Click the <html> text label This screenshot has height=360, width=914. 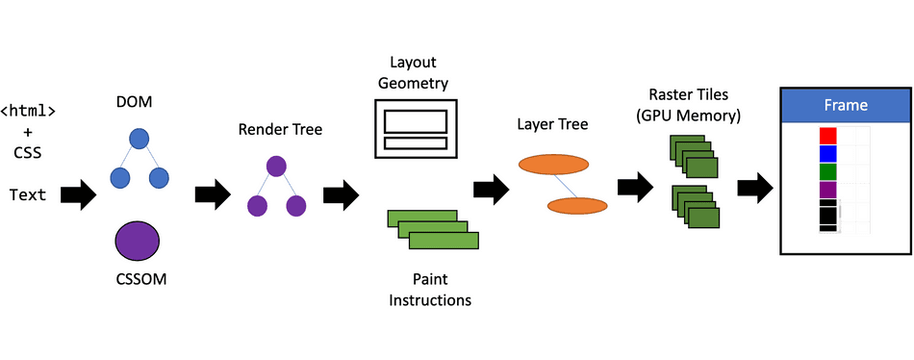(28, 111)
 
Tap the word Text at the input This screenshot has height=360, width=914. (28, 195)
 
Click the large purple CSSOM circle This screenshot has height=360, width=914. (138, 242)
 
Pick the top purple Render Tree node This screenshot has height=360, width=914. (276, 166)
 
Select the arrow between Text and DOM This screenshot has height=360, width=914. (78, 195)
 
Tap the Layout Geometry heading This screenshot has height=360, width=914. (415, 73)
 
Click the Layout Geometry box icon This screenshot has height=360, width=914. (416, 130)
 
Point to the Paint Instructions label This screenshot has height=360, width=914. (430, 290)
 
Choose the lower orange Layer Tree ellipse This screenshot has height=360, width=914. (577, 205)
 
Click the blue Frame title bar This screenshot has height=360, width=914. (845, 105)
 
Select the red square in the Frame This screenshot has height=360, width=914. (827, 136)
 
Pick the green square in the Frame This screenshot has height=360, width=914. (827, 171)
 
